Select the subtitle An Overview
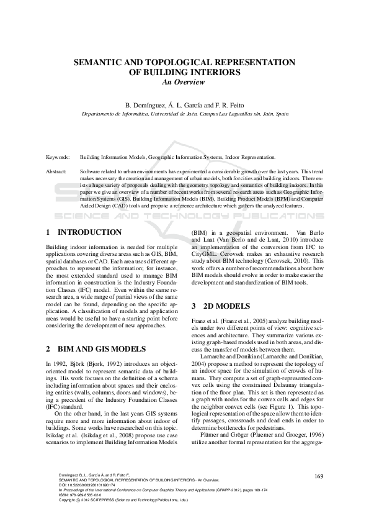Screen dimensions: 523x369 point(184,81)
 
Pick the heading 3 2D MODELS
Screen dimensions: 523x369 point(221,306)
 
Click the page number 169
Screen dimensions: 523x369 point(319,476)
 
